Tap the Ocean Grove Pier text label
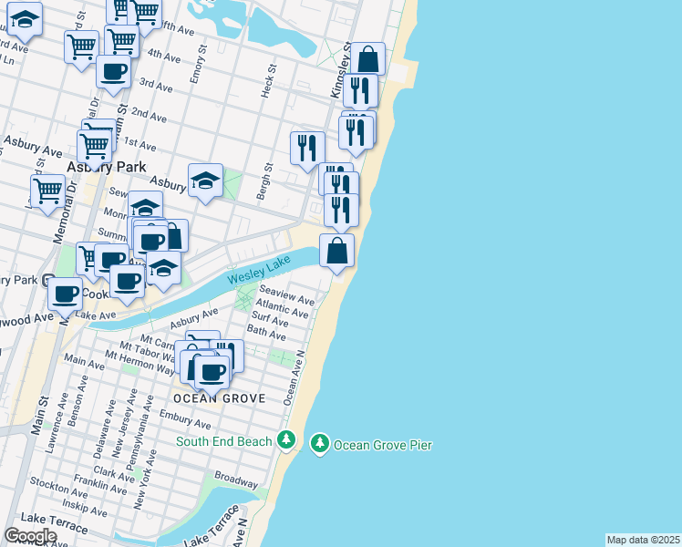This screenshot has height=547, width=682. tap(382, 445)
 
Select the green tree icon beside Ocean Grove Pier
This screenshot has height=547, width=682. tap(319, 444)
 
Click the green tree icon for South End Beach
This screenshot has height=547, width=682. tap(286, 441)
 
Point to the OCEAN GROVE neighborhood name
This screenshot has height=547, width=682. tap(219, 398)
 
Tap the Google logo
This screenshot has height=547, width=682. tap(30, 536)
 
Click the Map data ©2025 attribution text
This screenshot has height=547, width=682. tap(643, 540)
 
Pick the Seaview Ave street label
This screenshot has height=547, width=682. tap(286, 297)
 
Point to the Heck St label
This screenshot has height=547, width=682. tap(269, 81)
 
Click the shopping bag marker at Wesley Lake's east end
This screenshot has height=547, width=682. tap(337, 251)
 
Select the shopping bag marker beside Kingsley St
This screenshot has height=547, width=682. tap(367, 59)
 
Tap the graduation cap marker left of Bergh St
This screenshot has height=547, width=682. tap(206, 181)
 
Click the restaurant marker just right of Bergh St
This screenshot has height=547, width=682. tap(307, 148)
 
